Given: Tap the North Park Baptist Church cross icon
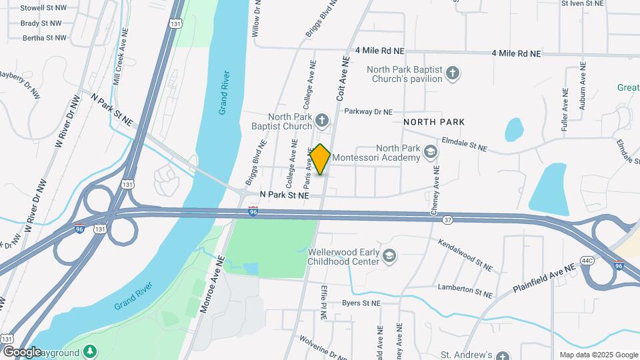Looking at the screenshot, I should point(322,121).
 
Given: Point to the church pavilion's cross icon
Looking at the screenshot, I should point(453,73).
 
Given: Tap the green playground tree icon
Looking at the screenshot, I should point(90,351).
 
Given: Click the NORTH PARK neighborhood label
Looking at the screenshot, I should point(434,122).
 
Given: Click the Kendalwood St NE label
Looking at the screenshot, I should point(465,255).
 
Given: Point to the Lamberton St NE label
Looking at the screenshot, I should point(465,291).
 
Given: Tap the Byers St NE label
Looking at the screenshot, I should point(361,303).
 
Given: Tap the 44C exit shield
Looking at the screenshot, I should point(587,260).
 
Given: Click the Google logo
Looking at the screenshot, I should point(22,352).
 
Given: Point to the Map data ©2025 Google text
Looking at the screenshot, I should point(599,355).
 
